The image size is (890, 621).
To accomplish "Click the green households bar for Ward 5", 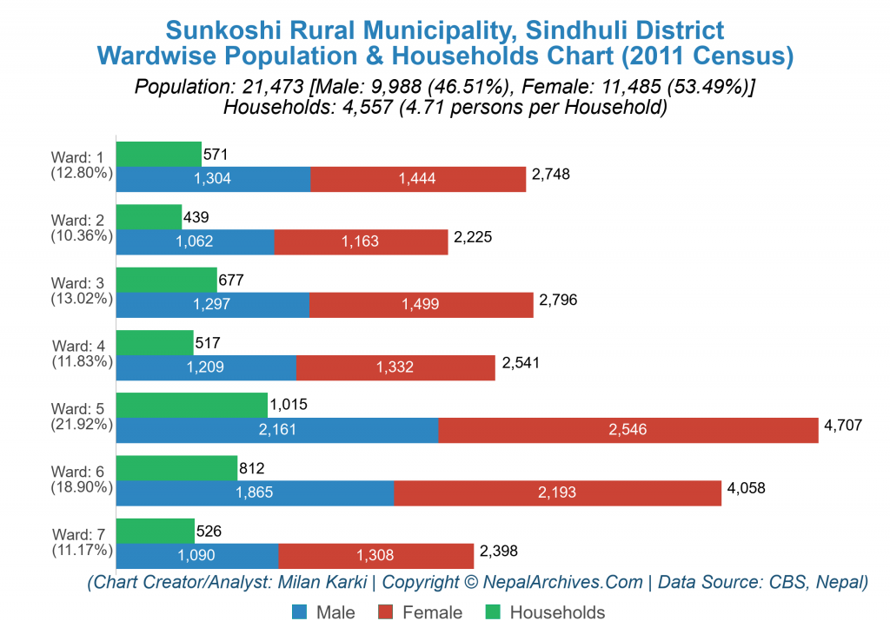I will (191, 405).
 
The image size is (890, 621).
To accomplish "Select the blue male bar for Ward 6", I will (255, 492).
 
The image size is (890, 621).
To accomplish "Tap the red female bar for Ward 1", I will (418, 179).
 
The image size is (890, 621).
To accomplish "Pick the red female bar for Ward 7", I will (376, 555).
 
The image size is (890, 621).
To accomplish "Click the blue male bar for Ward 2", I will (195, 241).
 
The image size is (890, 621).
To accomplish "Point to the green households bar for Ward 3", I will (166, 280).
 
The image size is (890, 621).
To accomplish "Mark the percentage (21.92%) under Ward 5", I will (81, 425).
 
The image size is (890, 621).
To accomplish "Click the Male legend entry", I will (323, 612).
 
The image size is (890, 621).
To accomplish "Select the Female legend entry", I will (427, 612).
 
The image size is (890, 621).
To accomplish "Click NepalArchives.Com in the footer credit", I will (563, 582).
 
